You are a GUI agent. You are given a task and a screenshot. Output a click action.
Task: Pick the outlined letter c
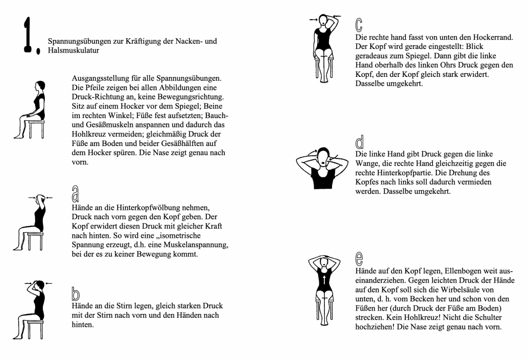(359, 25)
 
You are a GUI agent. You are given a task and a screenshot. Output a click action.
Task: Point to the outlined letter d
(359, 142)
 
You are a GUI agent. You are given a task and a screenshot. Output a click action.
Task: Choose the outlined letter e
(359, 258)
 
